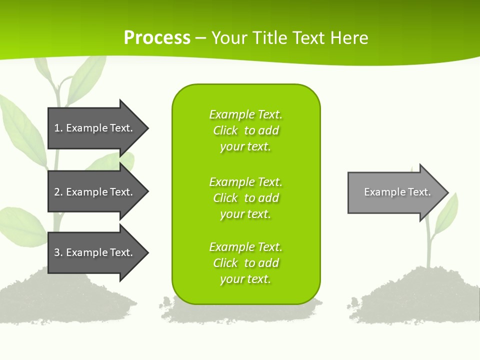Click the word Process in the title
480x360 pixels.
pyautogui.click(x=157, y=38)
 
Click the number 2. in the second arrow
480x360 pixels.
pyautogui.click(x=58, y=192)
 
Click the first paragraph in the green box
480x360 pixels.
pyautogui.click(x=245, y=130)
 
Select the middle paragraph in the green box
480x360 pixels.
pyautogui.click(x=245, y=198)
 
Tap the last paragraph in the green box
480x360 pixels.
pyautogui.click(x=245, y=263)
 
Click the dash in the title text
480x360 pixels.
pyautogui.click(x=200, y=38)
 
